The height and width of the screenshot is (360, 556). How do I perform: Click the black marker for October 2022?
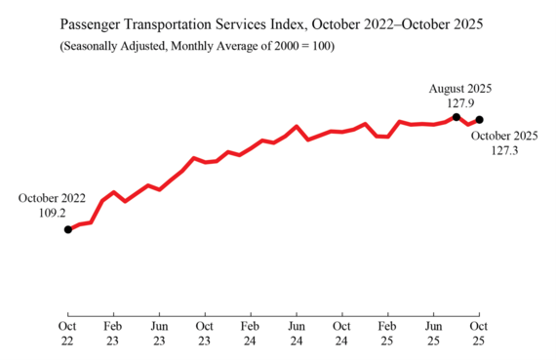pos(67,229)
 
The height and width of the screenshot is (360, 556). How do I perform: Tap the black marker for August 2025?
pos(457,117)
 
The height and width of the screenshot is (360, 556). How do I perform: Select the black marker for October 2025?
pos(479,120)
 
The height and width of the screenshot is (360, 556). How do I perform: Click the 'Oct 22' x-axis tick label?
pos(67,332)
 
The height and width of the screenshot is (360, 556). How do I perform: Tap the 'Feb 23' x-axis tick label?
pos(113,332)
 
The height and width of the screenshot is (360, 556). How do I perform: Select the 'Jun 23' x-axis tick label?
pos(159,332)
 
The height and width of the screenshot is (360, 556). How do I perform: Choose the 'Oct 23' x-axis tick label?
pos(205,332)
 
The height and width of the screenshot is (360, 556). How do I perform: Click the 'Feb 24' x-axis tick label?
pos(251,332)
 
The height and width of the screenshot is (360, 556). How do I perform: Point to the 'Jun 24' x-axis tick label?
pos(297,332)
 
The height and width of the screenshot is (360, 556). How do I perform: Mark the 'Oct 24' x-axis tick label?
pos(341,332)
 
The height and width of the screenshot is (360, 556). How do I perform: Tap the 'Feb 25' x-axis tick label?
pos(387,332)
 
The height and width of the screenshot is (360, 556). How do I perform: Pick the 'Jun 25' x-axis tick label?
pos(433,332)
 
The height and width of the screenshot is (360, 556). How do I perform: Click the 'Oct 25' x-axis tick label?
pos(479,332)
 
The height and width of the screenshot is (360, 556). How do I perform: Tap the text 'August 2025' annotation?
pos(460,88)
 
